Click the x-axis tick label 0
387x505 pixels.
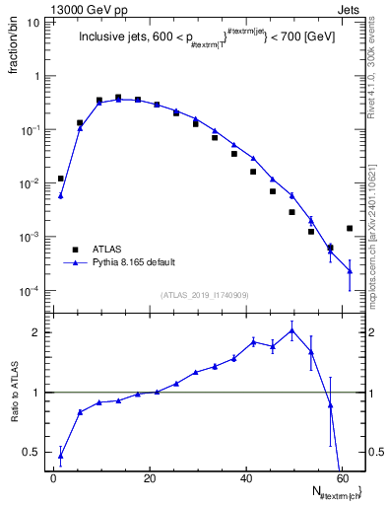tap(54, 478)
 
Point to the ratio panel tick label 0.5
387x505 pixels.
tap(33, 452)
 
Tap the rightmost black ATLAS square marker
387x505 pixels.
tap(350, 228)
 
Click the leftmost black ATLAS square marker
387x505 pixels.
tap(61, 179)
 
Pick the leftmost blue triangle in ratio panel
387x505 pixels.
tap(61, 455)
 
